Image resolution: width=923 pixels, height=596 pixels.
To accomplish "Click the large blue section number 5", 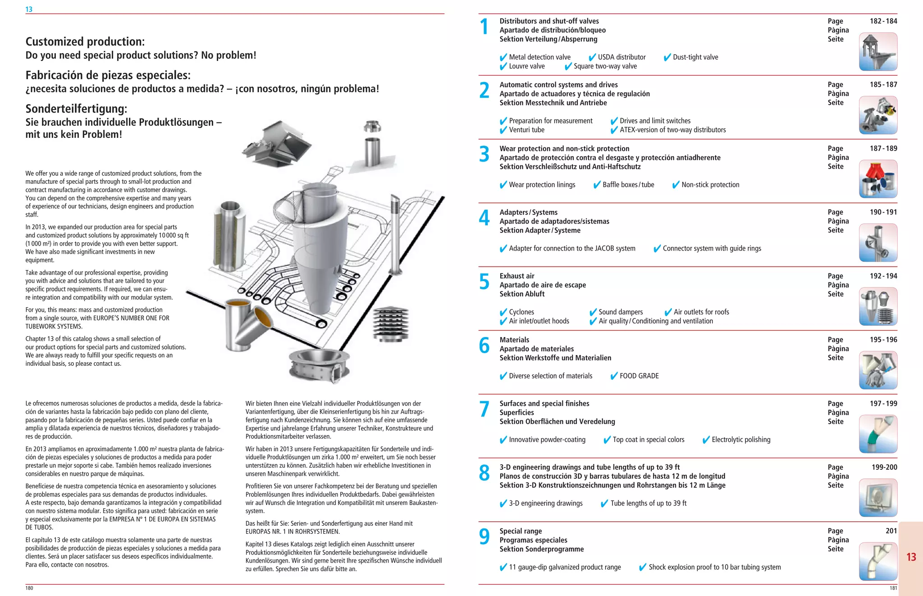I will click(484, 282).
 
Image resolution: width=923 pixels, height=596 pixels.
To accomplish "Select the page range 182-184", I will click(883, 21).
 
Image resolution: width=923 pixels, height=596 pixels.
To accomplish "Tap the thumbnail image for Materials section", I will click(877, 370).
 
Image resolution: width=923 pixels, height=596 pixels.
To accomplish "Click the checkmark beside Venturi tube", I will click(503, 130).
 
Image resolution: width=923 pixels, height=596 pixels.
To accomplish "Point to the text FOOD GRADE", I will click(639, 376).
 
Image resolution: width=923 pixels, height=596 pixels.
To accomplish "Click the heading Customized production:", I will click(85, 41).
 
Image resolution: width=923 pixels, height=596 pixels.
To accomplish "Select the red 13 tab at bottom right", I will click(911, 557).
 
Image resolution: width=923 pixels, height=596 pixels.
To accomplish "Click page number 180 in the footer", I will click(29, 588).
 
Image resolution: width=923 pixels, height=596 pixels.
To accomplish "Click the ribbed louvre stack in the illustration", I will click(391, 323).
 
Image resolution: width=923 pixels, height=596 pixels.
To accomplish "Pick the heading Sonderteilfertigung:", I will click(76, 109).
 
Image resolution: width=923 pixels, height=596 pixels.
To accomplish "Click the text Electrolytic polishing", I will click(740, 440).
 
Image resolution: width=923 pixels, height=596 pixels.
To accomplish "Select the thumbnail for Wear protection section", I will click(877, 179).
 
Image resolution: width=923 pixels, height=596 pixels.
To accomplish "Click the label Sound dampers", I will click(620, 312).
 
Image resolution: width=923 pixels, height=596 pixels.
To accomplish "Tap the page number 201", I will click(891, 531).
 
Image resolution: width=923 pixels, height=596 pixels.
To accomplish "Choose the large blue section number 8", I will click(484, 473).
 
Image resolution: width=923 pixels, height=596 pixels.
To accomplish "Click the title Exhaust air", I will click(516, 276).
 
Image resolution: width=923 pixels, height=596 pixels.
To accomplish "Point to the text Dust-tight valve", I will click(695, 57).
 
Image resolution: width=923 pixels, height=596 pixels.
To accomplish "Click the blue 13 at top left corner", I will click(29, 9).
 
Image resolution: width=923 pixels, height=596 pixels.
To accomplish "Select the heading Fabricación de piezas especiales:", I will click(108, 75).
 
